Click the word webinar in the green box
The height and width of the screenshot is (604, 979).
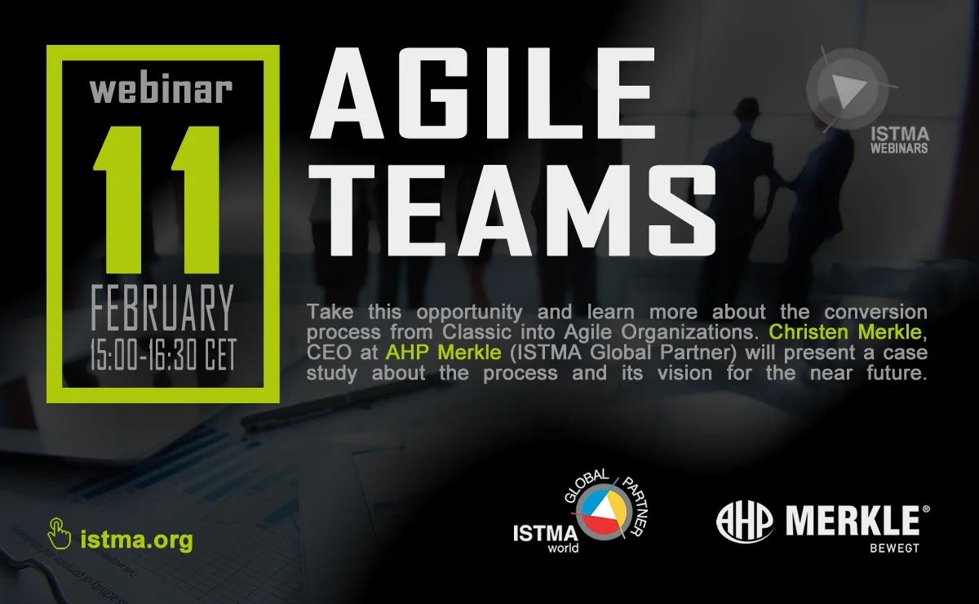coord(161,91)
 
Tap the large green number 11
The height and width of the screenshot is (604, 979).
coord(157,200)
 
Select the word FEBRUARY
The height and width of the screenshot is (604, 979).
coord(162,308)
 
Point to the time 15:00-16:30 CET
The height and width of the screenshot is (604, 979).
coord(163,355)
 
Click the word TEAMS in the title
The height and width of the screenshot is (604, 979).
coord(512,211)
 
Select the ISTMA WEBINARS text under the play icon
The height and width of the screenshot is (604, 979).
coord(899,140)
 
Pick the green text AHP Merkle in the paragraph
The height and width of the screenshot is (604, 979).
coord(443,352)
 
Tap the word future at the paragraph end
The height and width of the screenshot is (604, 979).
coord(896,373)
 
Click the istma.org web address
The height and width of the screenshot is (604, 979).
coord(136,540)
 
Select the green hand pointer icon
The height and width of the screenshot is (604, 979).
coord(59,534)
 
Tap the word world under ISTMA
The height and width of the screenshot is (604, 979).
coord(564,548)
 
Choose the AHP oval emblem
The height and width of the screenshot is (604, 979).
coord(745,522)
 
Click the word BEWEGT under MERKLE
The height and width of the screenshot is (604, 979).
coord(894,548)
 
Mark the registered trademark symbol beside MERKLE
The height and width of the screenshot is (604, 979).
coord(926,509)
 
